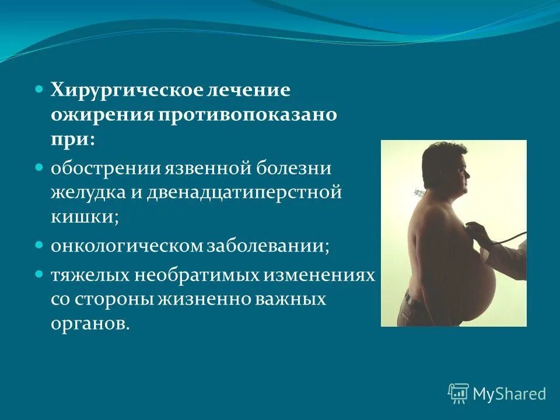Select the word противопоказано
[246, 114]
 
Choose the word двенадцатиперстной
[249, 193]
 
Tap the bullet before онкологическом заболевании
[39, 244]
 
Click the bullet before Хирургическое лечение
[39, 90]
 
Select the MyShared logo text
[509, 394]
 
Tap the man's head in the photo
[444, 169]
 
